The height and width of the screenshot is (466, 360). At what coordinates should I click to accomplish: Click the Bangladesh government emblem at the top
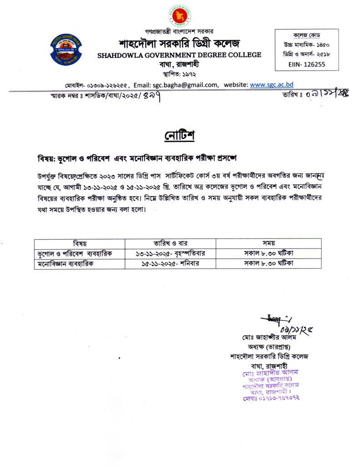180,15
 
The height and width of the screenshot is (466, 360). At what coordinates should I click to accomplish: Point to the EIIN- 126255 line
306,65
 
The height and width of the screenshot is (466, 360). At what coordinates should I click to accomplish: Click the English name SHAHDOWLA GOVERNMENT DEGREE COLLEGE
179,55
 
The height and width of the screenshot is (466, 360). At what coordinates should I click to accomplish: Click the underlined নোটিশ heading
179,135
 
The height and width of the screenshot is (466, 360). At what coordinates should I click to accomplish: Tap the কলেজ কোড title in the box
306,35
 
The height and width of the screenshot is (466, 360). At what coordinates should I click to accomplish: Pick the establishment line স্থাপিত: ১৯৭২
179,73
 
